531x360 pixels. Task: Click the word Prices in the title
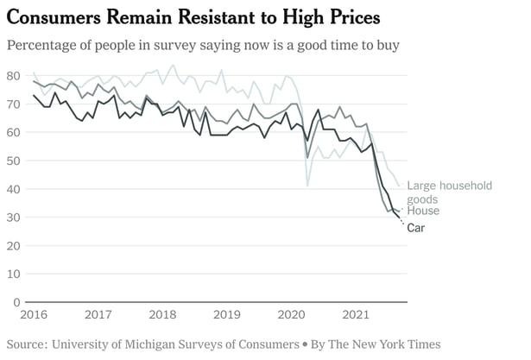pos(349,17)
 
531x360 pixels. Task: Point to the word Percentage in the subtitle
pos(44,45)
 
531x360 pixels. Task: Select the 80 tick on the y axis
pos(14,75)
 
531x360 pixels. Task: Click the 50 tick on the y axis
pos(14,161)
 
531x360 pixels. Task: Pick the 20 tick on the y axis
pos(14,246)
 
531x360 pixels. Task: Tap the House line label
pos(423,211)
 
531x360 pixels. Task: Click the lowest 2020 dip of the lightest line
pos(307,186)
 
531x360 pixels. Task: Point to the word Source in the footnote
pos(25,344)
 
